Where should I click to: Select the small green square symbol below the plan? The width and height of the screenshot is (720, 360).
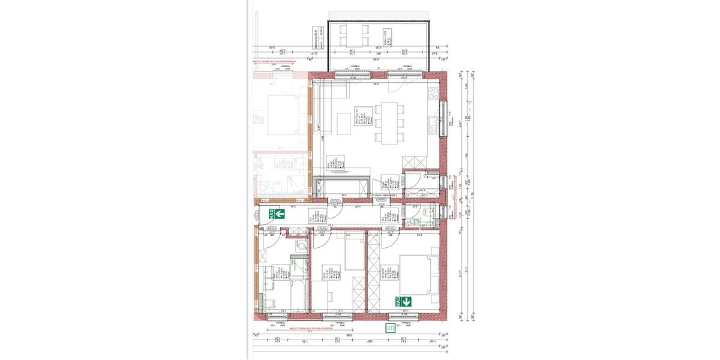click(x=391, y=328)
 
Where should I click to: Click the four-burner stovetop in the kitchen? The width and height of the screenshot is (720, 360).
click(x=433, y=94)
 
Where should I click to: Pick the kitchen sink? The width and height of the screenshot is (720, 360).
click(x=433, y=124)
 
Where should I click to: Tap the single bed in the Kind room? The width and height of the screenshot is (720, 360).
click(x=353, y=253)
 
